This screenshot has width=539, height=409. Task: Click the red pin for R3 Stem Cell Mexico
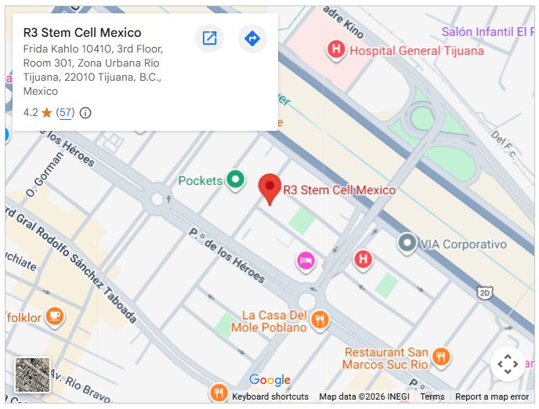pyautogui.click(x=269, y=187)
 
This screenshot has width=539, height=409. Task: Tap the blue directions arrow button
pyautogui.click(x=252, y=38)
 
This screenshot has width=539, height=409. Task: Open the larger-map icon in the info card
pyautogui.click(x=209, y=38)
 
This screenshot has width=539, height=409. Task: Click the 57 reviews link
pyautogui.click(x=66, y=113)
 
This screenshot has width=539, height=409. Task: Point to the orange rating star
pyautogui.click(x=46, y=113)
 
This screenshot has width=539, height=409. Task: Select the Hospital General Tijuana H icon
pyautogui.click(x=336, y=50)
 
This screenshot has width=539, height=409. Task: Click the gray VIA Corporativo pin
pyautogui.click(x=407, y=243)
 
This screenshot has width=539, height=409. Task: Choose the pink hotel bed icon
pyautogui.click(x=306, y=260)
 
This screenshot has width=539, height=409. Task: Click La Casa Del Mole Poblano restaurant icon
pyautogui.click(x=320, y=319)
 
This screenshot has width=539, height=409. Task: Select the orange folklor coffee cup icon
pyautogui.click(x=53, y=317)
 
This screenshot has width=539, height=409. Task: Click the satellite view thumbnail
pyautogui.click(x=32, y=375)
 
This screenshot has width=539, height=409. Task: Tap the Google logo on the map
pyautogui.click(x=269, y=381)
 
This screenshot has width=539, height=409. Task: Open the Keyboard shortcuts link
pyautogui.click(x=270, y=396)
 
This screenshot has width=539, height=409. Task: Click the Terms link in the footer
pyautogui.click(x=432, y=396)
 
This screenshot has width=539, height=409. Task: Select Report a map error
pyautogui.click(x=492, y=396)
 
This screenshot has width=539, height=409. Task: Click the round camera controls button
pyautogui.click(x=508, y=364)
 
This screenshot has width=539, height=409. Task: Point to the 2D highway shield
pyautogui.click(x=485, y=292)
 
